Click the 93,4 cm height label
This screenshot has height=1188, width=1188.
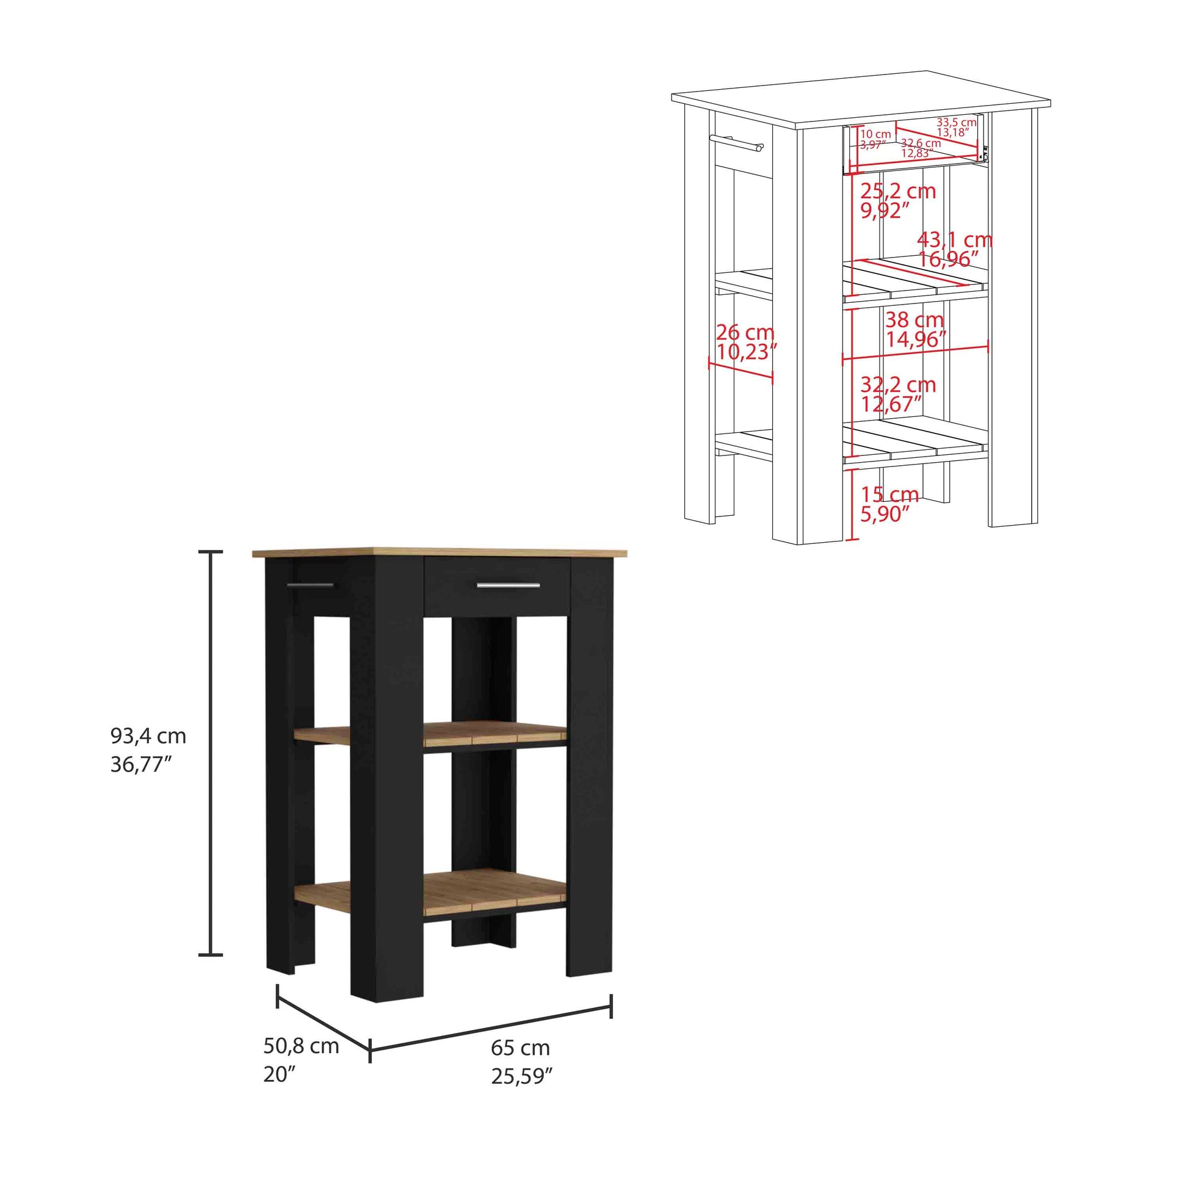tap(148, 736)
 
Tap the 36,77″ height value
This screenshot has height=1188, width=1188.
tap(141, 764)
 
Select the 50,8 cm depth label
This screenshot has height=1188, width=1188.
tap(302, 1046)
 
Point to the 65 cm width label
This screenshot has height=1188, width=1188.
tap(520, 1047)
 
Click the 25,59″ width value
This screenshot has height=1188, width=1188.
tap(522, 1076)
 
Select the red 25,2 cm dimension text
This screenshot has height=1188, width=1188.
tap(898, 191)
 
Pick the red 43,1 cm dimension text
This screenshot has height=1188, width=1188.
tap(954, 239)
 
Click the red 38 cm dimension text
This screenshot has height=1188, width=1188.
tap(915, 320)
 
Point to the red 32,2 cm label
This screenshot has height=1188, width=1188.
tap(898, 385)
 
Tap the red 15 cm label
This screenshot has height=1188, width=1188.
tap(889, 494)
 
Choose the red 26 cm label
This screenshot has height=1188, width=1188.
tap(745, 333)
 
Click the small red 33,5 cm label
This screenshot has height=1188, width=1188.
tap(957, 122)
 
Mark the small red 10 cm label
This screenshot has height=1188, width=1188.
tap(875, 134)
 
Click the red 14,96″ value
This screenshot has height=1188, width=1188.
tap(916, 339)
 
